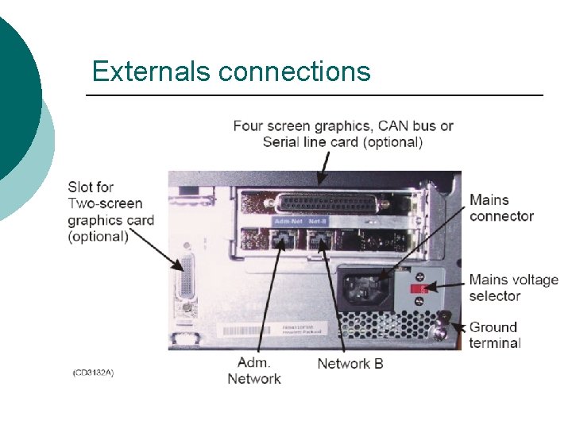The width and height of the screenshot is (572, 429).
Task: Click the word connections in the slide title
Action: coord(295,72)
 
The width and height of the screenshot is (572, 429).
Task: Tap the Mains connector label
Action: coord(501,207)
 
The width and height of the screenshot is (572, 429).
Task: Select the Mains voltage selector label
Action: coord(513,288)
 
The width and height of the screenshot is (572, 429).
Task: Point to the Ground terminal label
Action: coord(495,334)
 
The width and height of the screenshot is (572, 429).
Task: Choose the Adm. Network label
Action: coord(254,371)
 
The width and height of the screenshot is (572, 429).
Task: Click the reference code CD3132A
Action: coord(93,373)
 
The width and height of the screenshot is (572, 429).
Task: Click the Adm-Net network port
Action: coord(280,242)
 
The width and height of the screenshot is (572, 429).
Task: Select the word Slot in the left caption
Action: coord(79,187)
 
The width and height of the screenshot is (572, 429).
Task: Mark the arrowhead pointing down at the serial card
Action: coord(321,182)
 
